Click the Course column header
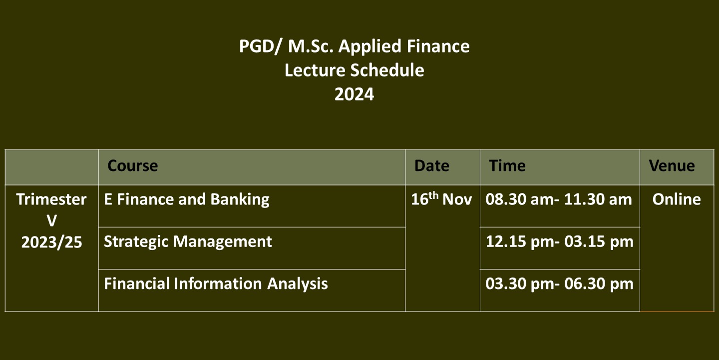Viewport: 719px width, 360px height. (x=133, y=166)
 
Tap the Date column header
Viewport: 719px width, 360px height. (x=432, y=166)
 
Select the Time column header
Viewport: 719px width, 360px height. (x=507, y=166)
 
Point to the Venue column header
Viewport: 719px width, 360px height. (x=672, y=166)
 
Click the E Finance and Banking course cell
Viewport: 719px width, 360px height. (x=187, y=199)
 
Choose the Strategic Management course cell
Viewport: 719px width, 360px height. (x=188, y=241)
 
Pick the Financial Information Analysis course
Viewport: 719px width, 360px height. (x=216, y=284)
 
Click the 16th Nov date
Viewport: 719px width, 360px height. (x=441, y=199)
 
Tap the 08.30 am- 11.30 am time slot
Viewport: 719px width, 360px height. (x=559, y=199)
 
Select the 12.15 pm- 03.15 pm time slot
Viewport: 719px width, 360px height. (x=559, y=241)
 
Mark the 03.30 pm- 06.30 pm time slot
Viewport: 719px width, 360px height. (x=559, y=284)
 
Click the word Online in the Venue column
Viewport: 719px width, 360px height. (x=677, y=199)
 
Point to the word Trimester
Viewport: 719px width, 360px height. (x=51, y=199)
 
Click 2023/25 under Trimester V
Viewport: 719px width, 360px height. (x=52, y=242)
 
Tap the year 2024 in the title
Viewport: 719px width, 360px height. (x=354, y=94)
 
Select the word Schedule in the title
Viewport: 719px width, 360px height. (x=387, y=70)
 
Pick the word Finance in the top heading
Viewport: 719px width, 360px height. (x=438, y=46)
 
